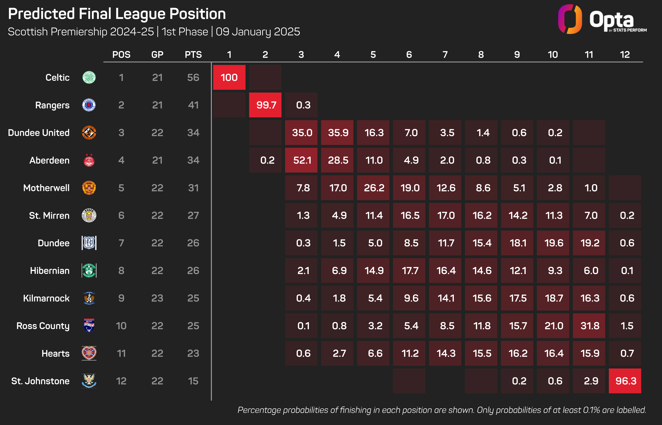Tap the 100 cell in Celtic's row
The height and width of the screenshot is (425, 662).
tap(229, 78)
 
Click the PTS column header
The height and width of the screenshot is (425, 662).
tap(193, 55)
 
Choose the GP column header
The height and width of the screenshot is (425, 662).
tap(157, 55)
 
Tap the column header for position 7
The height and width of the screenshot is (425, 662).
tap(445, 55)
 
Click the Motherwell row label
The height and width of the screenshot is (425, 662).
tap(46, 188)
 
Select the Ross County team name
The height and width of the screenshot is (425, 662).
tap(43, 326)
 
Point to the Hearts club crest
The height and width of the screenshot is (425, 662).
tap(89, 353)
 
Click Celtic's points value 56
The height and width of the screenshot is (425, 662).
tap(193, 78)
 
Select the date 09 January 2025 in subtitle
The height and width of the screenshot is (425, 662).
tap(258, 32)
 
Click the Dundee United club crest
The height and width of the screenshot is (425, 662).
tap(89, 133)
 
